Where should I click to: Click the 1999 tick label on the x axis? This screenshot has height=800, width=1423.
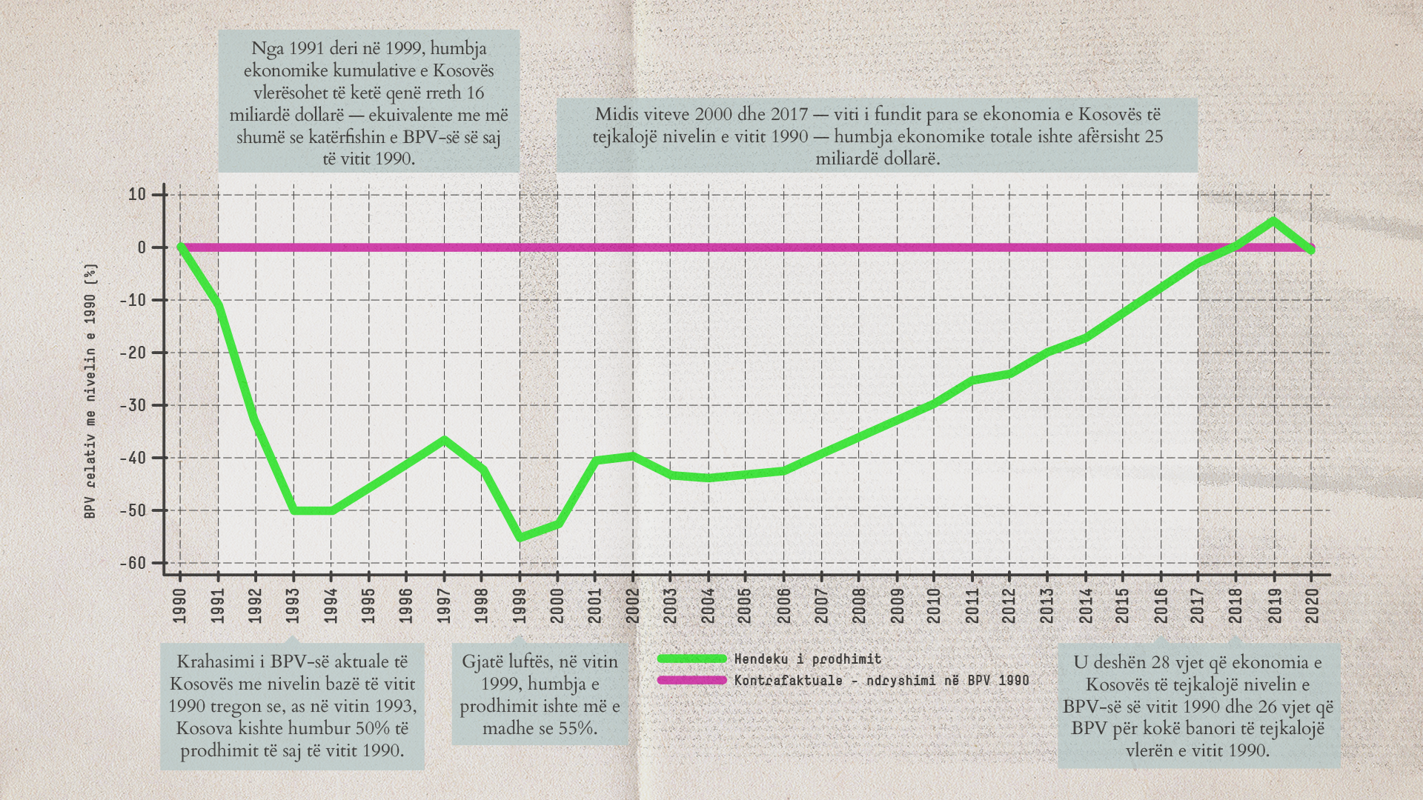(x=520, y=606)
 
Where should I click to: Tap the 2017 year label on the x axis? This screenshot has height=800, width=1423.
(x=1198, y=606)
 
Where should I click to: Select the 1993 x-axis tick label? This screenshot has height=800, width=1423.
(x=293, y=606)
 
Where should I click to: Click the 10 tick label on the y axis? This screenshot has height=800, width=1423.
(x=138, y=195)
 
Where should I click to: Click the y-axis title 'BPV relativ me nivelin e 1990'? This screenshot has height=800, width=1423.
(x=90, y=390)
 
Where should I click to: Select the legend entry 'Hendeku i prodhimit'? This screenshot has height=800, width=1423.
(x=808, y=659)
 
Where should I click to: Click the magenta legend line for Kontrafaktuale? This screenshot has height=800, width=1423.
(x=691, y=680)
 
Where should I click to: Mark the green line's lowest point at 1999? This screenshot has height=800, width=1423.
(x=520, y=537)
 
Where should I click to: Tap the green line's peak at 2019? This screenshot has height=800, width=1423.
(x=1274, y=221)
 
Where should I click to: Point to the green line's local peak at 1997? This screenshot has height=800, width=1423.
(x=444, y=440)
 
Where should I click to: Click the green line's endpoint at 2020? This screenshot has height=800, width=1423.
(x=1312, y=250)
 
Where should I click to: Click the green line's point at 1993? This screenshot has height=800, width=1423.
(x=293, y=510)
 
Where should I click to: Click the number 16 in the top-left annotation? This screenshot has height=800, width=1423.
(x=474, y=93)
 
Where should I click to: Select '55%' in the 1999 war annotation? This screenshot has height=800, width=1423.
(x=577, y=728)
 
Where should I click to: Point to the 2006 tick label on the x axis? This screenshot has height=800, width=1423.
(x=783, y=606)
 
